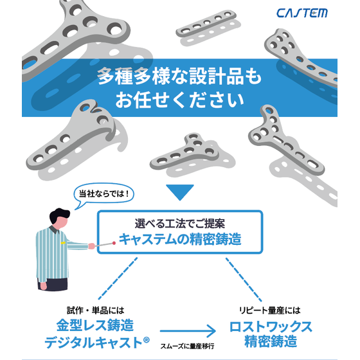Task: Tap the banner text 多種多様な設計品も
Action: coord(180,76)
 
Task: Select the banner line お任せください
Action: coord(180,100)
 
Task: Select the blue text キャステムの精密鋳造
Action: coord(180,240)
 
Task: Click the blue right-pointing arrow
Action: coord(187,332)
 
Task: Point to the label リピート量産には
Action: coord(271,309)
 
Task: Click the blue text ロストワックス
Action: coord(271,325)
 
